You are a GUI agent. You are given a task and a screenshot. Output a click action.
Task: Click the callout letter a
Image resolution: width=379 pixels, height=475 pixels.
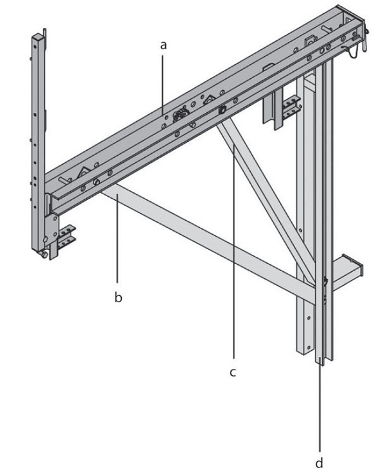coord(164,45)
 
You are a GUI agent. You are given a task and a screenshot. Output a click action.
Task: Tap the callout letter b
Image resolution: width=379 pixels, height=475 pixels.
coord(118,297)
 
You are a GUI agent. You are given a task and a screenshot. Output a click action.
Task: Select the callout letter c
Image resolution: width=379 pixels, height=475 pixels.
coord(232,372)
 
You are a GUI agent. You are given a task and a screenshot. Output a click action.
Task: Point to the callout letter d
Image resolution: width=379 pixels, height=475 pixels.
coord(319,462)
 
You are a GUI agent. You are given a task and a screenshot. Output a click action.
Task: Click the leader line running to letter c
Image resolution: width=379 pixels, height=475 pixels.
coord(234,252)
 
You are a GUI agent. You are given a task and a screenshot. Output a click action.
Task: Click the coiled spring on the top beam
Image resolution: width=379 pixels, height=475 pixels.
coord(179,115)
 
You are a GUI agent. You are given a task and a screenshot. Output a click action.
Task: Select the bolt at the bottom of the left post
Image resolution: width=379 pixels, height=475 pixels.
coord(44,254)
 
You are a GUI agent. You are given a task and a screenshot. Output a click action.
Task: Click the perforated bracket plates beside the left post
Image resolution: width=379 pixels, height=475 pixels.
coord(66,237)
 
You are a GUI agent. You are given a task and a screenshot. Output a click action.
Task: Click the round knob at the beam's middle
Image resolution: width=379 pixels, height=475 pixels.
coord(222,110)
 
